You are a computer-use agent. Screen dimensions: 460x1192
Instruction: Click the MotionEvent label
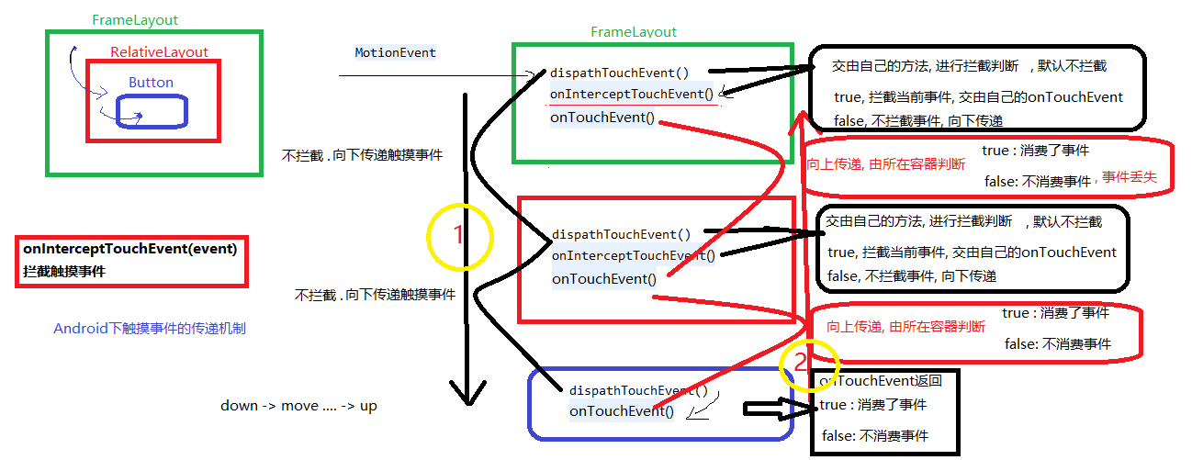395,52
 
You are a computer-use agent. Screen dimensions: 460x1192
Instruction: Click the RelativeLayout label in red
159,52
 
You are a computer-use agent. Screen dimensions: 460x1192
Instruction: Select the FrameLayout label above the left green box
135,19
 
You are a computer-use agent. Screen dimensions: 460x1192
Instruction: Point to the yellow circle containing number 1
460,236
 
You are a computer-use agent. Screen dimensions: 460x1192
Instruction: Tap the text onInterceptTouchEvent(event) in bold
130,248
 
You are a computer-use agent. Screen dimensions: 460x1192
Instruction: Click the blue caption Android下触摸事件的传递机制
149,328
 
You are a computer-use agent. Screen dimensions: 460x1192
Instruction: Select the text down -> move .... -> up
298,405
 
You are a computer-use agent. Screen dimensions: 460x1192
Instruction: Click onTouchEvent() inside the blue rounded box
622,411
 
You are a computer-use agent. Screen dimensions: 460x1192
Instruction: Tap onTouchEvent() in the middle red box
604,279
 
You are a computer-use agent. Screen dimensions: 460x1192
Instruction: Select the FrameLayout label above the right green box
634,32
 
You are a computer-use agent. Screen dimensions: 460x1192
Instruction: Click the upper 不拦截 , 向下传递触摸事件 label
362,155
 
